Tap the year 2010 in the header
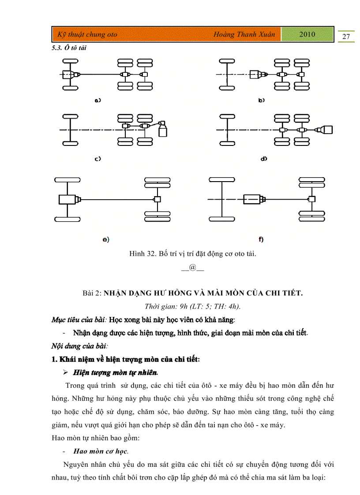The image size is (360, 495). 307,34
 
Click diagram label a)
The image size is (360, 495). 98,100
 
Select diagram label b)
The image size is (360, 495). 262,100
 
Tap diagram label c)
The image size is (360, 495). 98,158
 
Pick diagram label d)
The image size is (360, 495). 264,158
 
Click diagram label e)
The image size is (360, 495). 105,239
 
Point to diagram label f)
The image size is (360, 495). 261,239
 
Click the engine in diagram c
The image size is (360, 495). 164,130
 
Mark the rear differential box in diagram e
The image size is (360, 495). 156,200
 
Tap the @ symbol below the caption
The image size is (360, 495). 192,267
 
